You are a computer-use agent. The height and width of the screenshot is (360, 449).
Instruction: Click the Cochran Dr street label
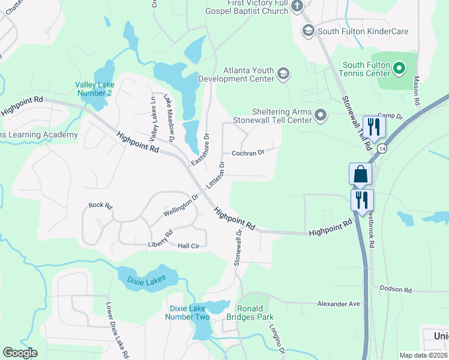(248, 153)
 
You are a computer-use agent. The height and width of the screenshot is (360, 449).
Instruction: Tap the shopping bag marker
(360, 174)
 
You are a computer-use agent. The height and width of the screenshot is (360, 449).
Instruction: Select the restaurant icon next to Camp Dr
(374, 127)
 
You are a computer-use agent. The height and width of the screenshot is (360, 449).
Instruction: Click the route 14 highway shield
(383, 148)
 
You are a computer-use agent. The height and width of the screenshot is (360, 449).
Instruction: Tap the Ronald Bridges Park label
(255, 313)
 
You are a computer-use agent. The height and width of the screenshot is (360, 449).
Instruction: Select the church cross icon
(297, 7)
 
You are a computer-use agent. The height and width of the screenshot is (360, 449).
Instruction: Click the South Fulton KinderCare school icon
(309, 31)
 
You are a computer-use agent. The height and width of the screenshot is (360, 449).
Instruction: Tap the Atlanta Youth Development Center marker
(283, 74)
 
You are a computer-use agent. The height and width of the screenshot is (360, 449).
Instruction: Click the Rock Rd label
(100, 205)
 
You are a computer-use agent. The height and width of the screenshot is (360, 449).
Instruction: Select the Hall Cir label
(188, 245)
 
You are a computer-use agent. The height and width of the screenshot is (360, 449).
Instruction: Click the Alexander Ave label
(339, 304)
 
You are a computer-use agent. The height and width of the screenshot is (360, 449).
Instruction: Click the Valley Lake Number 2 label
(93, 88)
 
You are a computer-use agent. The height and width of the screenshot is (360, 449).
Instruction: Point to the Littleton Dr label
(215, 173)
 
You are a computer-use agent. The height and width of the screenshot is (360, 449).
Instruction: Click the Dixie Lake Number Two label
(187, 313)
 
